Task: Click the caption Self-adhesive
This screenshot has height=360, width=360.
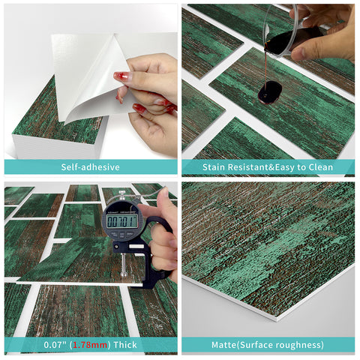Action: click(x=90, y=167)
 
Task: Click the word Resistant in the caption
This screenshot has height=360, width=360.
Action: click(x=256, y=167)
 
